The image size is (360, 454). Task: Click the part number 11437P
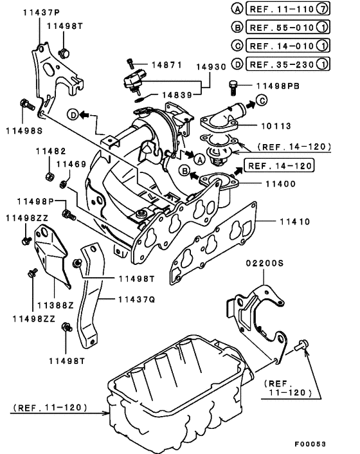point(42,12)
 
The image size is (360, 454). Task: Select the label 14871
point(167,66)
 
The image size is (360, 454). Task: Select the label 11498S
point(24,129)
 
